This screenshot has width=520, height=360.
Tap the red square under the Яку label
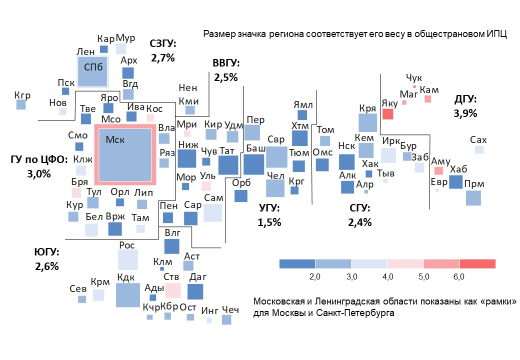tap(388, 114)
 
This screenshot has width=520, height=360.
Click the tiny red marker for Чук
tap(414, 86)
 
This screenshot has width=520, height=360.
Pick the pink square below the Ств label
tap(172, 290)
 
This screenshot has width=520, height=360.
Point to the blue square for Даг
tap(195, 291)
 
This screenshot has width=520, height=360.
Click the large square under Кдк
tap(128, 295)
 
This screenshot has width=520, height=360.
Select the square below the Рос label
tap(128, 260)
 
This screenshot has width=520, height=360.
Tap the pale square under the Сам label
tap(212, 212)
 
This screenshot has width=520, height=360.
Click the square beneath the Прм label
tap(473, 198)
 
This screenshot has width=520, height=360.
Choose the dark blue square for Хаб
tap(455, 181)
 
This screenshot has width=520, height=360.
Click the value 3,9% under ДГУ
tap(465, 113)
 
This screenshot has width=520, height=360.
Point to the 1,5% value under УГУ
tap(269, 222)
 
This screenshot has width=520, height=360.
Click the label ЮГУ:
tap(47, 253)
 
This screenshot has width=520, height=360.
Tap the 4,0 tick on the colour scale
tap(387, 276)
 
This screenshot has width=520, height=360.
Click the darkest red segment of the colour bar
tap(477, 264)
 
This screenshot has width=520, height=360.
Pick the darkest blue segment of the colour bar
tap(297, 264)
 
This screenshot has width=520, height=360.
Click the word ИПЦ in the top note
tap(497, 34)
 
